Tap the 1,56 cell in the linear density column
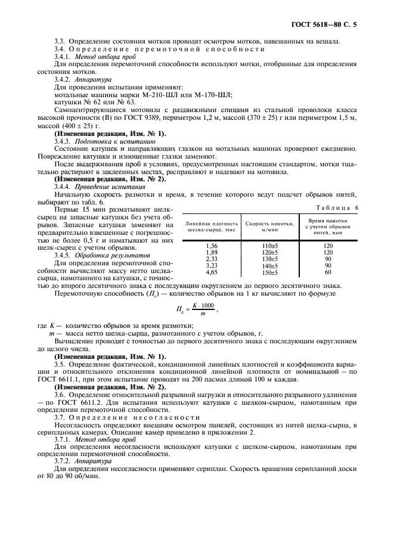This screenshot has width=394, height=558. (x=211, y=246)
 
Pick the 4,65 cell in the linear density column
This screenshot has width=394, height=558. (x=211, y=272)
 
